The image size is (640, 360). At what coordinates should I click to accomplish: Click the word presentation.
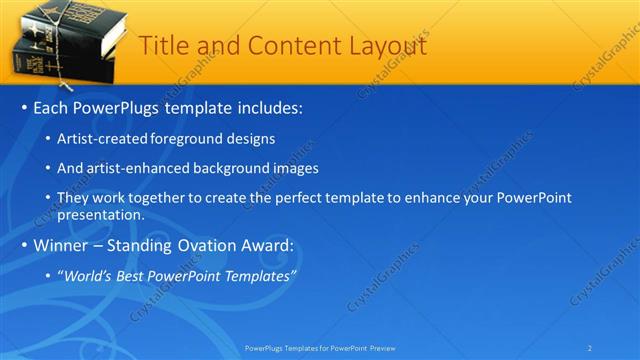(102, 214)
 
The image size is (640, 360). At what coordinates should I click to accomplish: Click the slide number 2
(590, 348)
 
